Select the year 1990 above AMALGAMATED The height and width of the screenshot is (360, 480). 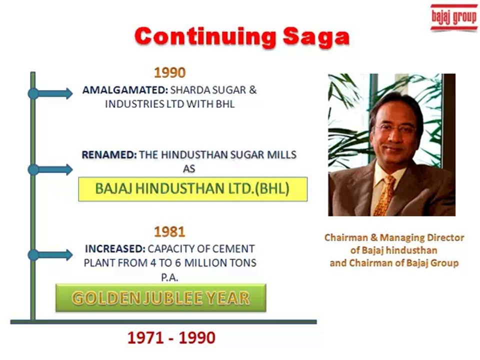(x=169, y=73)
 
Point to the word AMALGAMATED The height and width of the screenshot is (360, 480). (x=124, y=91)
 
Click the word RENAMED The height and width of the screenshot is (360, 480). (x=109, y=155)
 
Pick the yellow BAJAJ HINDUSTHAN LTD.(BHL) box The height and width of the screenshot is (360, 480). (x=192, y=189)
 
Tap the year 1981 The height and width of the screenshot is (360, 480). (x=169, y=232)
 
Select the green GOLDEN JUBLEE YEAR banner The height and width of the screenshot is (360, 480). (x=160, y=298)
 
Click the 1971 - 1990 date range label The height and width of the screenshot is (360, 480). (x=171, y=338)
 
